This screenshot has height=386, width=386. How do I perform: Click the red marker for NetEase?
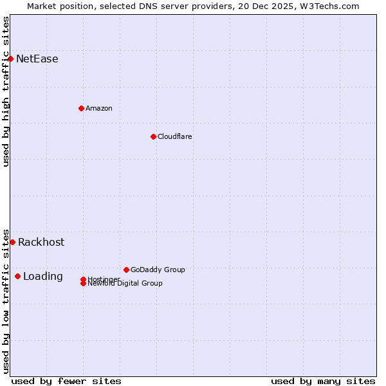click(10, 59)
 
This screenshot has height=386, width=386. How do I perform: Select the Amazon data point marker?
click(81, 108)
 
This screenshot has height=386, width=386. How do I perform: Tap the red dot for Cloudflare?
click(153, 136)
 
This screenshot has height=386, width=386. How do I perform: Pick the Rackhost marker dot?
click(12, 242)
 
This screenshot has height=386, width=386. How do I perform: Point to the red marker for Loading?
click(17, 276)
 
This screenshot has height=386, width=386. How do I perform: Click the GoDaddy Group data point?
click(126, 270)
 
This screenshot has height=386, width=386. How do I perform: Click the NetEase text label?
click(37, 59)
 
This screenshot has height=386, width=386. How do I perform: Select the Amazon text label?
click(99, 108)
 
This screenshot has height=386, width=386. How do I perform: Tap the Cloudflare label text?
click(175, 136)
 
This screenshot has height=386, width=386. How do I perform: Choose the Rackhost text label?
click(41, 243)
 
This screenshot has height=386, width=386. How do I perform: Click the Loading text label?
click(43, 277)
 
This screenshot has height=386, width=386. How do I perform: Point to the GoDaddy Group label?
click(158, 270)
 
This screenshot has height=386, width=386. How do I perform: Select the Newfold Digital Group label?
click(125, 284)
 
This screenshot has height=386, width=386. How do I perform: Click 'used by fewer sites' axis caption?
click(66, 381)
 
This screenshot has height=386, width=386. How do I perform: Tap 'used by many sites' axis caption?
click(323, 381)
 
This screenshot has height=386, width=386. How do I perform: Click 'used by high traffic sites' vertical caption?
click(6, 91)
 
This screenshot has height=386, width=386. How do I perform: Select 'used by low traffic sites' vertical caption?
click(6, 301)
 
